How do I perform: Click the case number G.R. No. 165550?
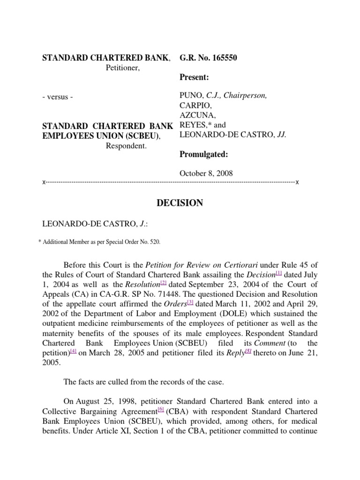[x=209, y=58]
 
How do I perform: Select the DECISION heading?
[x=180, y=203]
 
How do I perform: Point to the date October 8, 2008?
[x=206, y=173]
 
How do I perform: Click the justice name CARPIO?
[x=194, y=106]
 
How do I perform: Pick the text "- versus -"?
[x=58, y=97]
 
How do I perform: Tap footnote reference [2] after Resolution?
[x=164, y=283]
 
